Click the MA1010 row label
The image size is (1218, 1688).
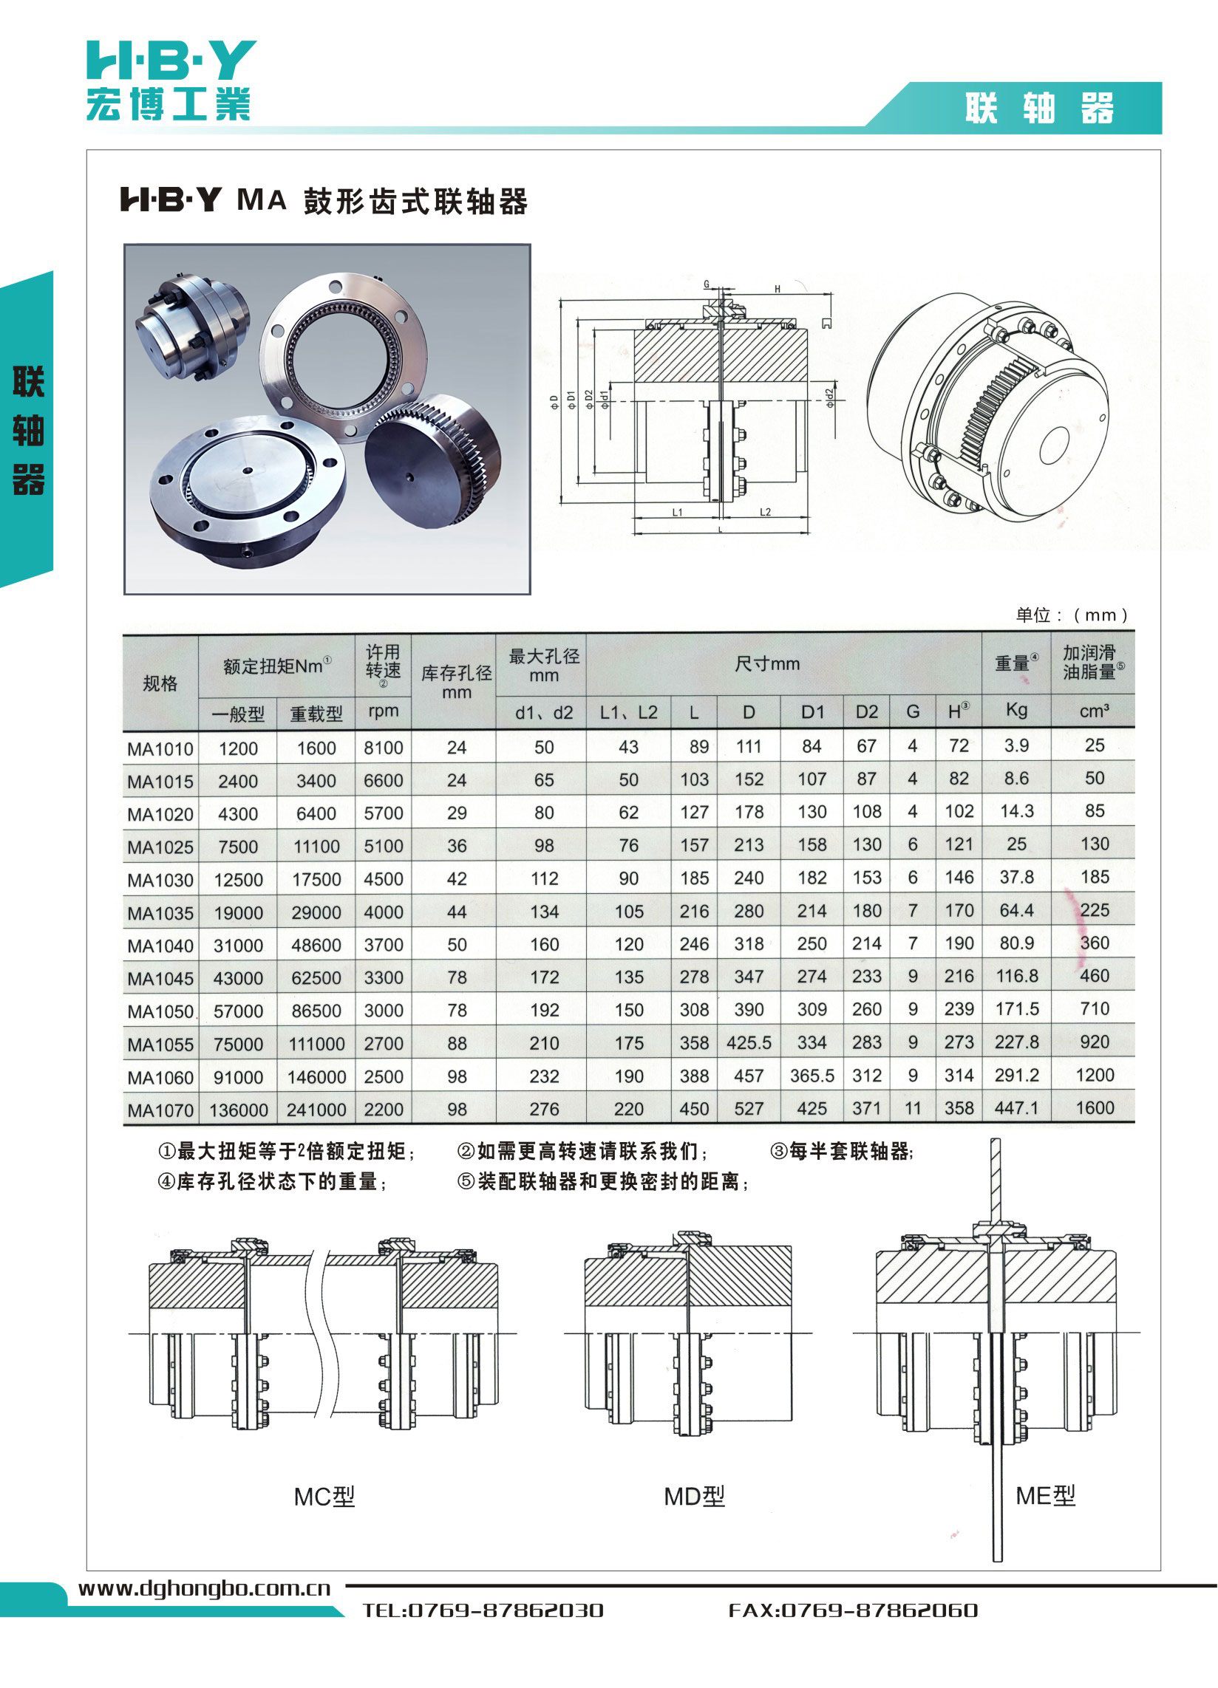pos(160,749)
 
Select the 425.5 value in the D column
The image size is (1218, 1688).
pos(749,1043)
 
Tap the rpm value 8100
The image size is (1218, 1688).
pos(384,748)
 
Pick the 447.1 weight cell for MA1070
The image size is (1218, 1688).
pos(1016,1108)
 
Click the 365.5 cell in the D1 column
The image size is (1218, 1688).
pos(812,1076)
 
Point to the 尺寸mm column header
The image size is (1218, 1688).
pos(767,664)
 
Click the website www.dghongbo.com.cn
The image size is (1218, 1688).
pos(205,1588)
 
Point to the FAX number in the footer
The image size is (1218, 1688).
pos(853,1610)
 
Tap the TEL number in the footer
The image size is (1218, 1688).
pos(483,1610)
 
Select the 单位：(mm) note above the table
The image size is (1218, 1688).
pos(1072,615)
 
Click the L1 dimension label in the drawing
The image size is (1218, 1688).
pos(678,512)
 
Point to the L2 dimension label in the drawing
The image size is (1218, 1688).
pos(766,512)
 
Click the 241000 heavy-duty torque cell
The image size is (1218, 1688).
pos(316,1110)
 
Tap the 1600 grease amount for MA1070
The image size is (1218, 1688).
pos(1095,1108)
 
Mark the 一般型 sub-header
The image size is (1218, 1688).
pos(238,714)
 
